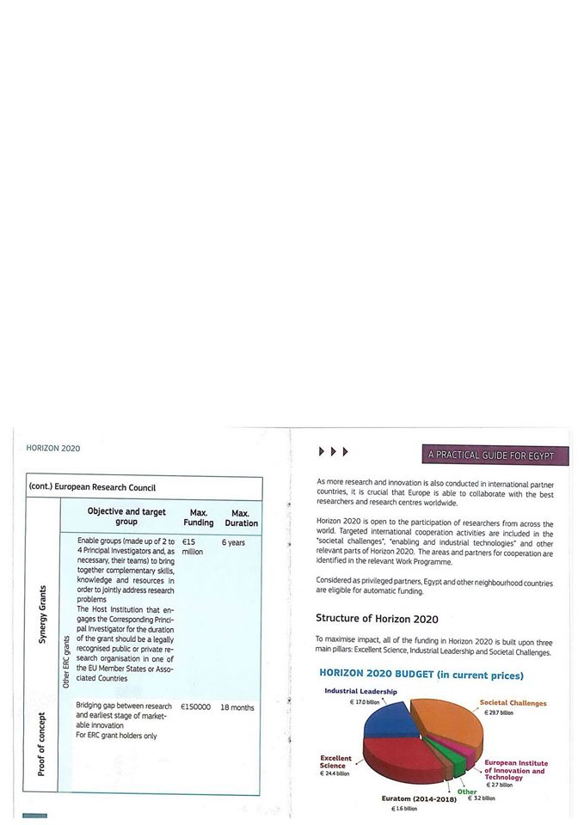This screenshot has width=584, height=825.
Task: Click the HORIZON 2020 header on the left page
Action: (x=53, y=449)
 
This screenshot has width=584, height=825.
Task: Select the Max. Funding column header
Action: (x=198, y=517)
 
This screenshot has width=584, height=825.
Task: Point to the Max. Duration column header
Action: (x=241, y=517)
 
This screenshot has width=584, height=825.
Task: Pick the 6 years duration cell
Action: (x=233, y=542)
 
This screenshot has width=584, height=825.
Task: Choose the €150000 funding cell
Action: (x=195, y=707)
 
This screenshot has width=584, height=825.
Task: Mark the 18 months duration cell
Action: (x=237, y=707)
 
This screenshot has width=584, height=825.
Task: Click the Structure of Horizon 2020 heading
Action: (x=377, y=619)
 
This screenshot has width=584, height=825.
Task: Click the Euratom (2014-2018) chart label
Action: (x=417, y=799)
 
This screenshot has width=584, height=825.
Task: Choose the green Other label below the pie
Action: (x=467, y=791)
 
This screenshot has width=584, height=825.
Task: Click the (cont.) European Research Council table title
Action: (x=94, y=487)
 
